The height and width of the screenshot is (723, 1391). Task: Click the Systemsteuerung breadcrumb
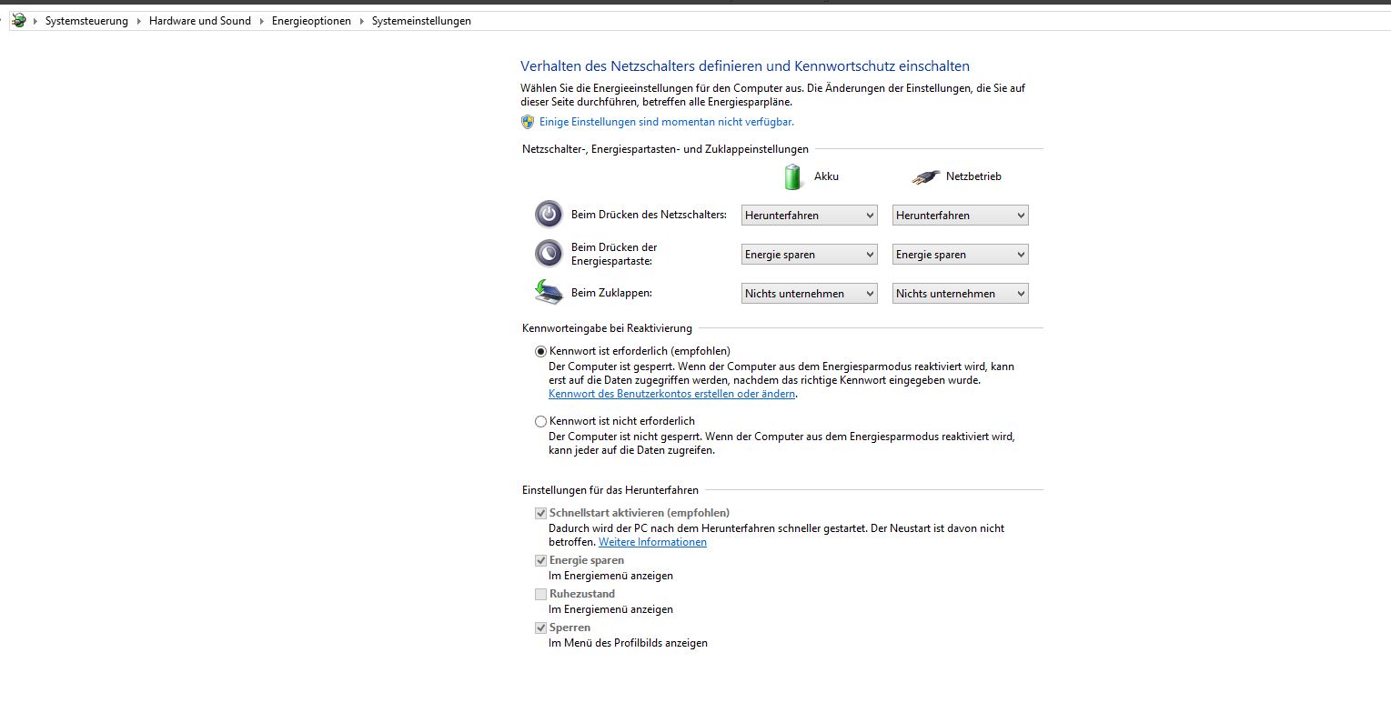click(86, 21)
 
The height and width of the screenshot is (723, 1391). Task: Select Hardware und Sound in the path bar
click(199, 21)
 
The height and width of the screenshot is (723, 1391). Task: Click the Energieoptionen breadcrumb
click(311, 21)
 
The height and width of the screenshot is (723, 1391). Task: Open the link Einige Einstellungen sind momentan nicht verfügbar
click(666, 122)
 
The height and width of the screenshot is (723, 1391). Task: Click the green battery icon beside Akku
click(793, 176)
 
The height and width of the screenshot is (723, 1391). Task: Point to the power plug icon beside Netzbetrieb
click(925, 177)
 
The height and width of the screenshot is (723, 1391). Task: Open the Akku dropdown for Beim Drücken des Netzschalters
click(809, 216)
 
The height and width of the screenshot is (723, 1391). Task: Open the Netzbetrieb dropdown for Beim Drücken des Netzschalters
click(960, 216)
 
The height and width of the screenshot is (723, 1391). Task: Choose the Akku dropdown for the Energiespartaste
click(809, 255)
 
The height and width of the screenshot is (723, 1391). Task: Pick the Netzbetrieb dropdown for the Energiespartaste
click(960, 255)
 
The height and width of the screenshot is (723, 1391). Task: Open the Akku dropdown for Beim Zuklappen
click(809, 294)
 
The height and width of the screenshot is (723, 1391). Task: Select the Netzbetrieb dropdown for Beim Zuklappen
click(960, 294)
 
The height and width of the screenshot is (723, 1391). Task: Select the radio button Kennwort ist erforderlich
click(541, 351)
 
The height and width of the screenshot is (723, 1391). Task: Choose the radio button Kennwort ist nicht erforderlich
click(541, 422)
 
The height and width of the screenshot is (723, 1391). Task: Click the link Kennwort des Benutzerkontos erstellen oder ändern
click(672, 394)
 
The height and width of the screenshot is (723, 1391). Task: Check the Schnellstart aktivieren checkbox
click(541, 513)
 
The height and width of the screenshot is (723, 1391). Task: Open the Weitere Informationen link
click(652, 542)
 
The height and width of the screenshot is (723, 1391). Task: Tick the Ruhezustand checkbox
click(541, 594)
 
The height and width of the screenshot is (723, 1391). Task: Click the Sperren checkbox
click(541, 628)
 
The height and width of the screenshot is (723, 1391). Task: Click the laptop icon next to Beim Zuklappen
click(549, 292)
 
